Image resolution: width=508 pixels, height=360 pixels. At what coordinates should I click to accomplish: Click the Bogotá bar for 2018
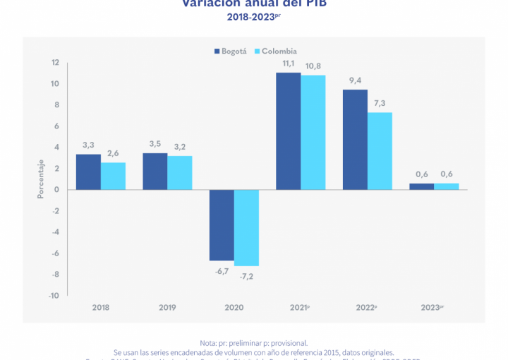pyautogui.click(x=88, y=172)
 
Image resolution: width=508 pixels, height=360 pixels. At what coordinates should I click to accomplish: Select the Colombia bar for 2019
pyautogui.click(x=180, y=172)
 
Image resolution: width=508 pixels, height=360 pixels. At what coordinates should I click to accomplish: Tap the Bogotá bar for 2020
pyautogui.click(x=222, y=224)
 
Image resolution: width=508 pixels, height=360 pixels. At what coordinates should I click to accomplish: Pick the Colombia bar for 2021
pyautogui.click(x=313, y=132)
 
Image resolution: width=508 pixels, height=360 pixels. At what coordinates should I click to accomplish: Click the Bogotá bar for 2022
pyautogui.click(x=355, y=139)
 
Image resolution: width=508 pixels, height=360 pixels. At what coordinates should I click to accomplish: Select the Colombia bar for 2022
pyautogui.click(x=380, y=150)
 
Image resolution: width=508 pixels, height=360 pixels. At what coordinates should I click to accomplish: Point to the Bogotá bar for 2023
pyautogui.click(x=421, y=186)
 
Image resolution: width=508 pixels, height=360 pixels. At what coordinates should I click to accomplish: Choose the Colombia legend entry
pyautogui.click(x=275, y=51)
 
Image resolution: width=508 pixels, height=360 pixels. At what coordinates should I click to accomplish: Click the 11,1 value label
pyautogui.click(x=288, y=64)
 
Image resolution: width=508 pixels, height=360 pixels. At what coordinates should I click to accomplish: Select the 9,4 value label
pyautogui.click(x=355, y=80)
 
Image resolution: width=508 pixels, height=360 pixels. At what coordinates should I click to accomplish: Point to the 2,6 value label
pyautogui.click(x=113, y=153)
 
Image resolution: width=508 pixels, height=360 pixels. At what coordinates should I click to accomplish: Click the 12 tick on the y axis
pyautogui.click(x=55, y=63)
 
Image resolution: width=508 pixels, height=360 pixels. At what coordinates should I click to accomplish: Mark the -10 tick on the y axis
pyautogui.click(x=54, y=295)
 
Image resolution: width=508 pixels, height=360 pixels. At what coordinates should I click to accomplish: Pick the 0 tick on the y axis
pyautogui.click(x=56, y=189)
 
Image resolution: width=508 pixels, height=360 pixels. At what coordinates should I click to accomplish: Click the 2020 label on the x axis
pyautogui.click(x=234, y=308)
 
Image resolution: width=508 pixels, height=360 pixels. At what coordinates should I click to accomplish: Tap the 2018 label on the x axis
pyautogui.click(x=101, y=308)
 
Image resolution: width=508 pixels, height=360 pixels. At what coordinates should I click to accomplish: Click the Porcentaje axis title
pyautogui.click(x=40, y=179)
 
